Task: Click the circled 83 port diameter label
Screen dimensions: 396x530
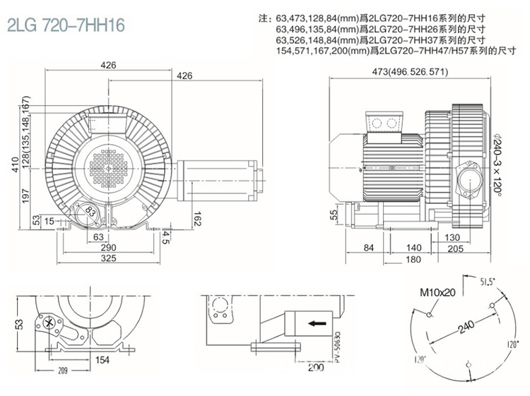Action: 90,210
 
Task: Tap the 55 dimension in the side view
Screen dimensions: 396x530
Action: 335,215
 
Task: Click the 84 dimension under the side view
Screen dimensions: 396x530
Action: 367,248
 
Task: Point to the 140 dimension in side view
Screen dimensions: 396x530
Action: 414,248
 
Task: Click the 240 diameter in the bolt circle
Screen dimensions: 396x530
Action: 464,328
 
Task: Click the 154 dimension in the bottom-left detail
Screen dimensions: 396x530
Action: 103,361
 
